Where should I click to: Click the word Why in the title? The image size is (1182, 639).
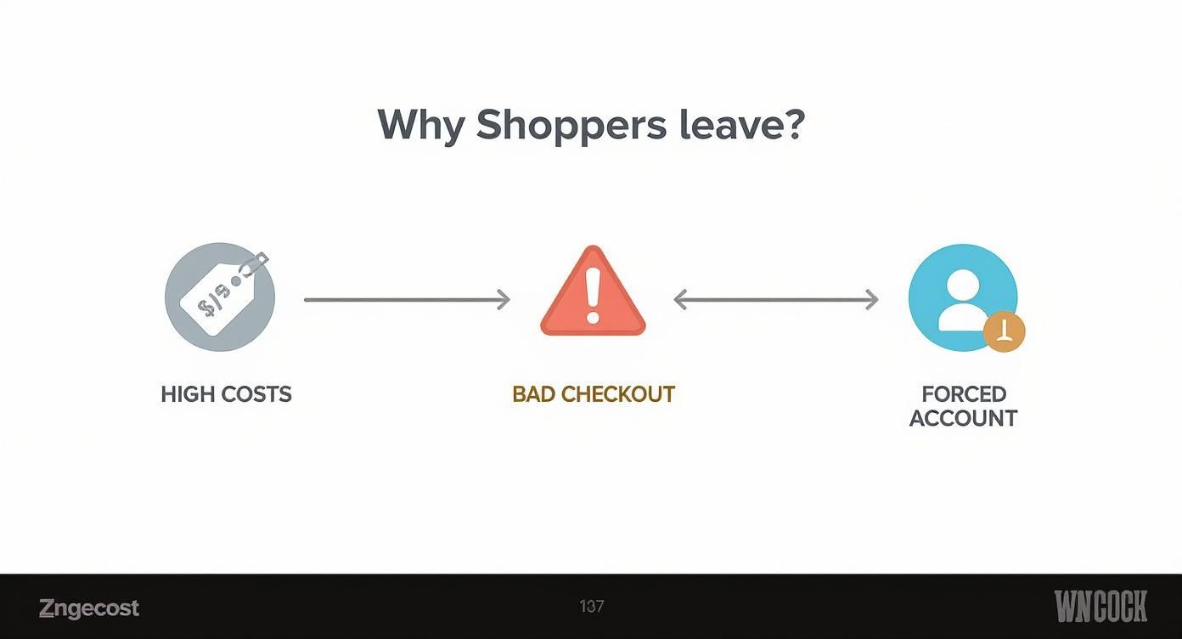coord(420,125)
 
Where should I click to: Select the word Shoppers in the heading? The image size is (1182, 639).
coord(571,125)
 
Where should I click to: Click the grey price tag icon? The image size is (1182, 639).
coord(220,298)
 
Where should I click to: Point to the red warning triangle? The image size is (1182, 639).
coord(593,293)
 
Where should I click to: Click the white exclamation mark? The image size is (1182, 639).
coord(593,294)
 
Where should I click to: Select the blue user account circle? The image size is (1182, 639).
coord(962,297)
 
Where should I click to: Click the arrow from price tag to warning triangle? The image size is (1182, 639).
coord(407,300)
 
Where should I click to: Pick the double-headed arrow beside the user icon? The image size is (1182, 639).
coord(776,299)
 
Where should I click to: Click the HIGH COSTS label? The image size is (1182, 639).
coord(226,394)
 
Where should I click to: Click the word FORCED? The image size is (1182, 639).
coord(964,394)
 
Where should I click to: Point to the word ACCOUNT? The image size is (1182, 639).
coord(964,418)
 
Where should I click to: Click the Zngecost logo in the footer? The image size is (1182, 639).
coord(89,608)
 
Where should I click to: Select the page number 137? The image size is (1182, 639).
coord(592,607)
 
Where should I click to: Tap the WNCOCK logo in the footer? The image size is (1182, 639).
coord(1100,607)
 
